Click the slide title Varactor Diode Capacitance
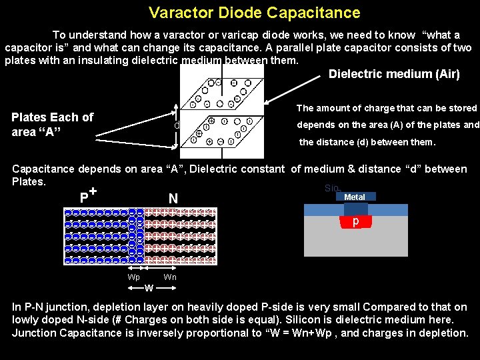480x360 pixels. [254, 13]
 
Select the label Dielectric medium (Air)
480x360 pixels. [394, 74]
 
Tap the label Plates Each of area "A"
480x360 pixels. [52, 125]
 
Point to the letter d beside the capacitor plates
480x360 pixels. [177, 126]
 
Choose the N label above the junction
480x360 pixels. [173, 199]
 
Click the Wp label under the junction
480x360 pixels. [134, 277]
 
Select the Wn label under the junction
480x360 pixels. [170, 277]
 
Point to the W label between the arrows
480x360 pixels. [149, 288]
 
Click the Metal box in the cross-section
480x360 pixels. [355, 197]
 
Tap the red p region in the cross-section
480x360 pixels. [356, 221]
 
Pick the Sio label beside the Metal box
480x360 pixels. [331, 189]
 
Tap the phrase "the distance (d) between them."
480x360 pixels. [367, 142]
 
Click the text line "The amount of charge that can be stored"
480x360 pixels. [387, 108]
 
